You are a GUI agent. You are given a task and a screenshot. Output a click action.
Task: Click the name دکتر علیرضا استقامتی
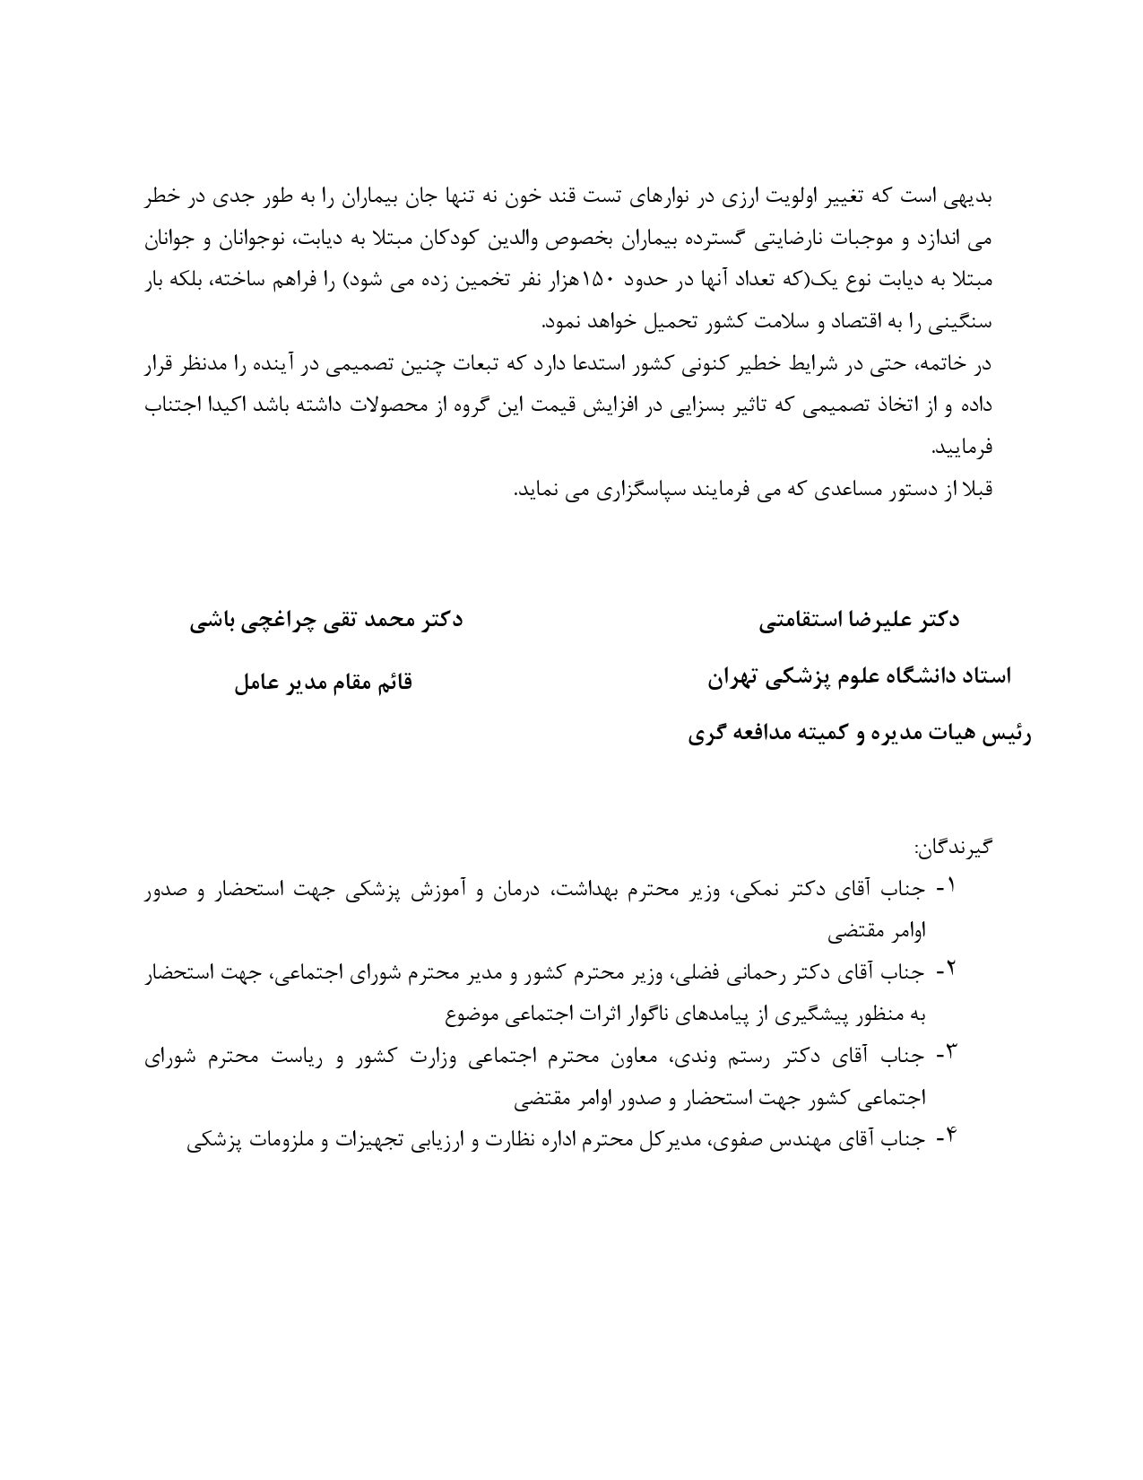(858, 621)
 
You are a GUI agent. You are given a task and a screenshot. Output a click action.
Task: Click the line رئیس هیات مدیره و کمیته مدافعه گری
(860, 736)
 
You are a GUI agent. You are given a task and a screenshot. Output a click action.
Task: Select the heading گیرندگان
(953, 847)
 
